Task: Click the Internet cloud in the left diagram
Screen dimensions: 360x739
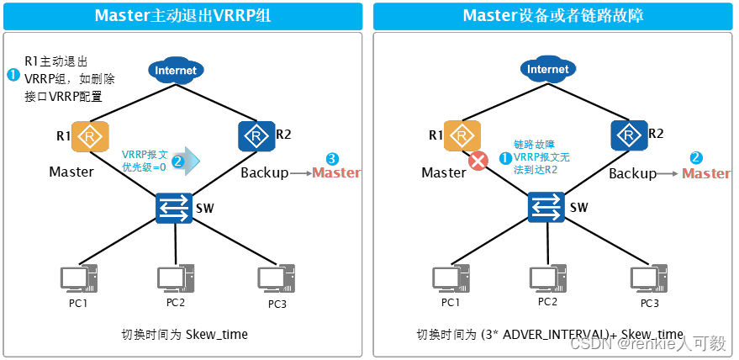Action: click(x=176, y=71)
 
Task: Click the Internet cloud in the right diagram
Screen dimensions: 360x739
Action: click(x=547, y=70)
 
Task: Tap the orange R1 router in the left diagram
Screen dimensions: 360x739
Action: click(x=87, y=136)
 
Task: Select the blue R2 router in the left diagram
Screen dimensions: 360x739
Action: click(x=253, y=135)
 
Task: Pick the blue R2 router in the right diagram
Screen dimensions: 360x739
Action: click(x=625, y=135)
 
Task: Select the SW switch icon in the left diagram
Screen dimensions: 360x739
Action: click(x=175, y=208)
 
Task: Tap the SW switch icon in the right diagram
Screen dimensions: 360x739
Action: click(x=546, y=206)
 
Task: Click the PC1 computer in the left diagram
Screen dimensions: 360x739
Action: click(x=78, y=280)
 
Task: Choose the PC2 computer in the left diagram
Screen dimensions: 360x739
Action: click(x=176, y=278)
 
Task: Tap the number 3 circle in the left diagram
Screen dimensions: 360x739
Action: click(x=332, y=158)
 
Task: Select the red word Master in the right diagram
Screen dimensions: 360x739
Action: click(x=705, y=173)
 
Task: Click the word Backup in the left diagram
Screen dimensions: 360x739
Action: click(x=264, y=173)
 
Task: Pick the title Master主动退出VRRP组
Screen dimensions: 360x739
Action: click(x=182, y=16)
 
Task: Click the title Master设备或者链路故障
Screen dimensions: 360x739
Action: click(x=553, y=16)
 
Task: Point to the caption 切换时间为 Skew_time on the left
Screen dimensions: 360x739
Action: click(x=184, y=335)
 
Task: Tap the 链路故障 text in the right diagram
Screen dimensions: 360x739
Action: click(x=534, y=145)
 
